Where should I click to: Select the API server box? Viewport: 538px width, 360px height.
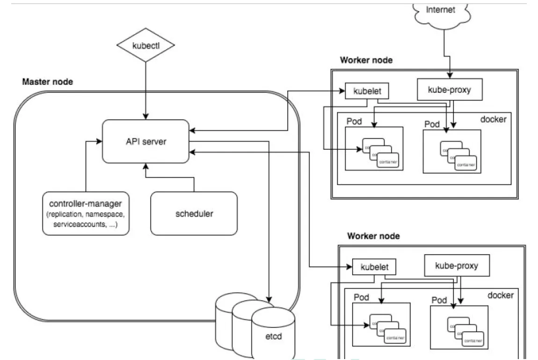pos(146,141)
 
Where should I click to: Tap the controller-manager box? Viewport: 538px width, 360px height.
pos(85,213)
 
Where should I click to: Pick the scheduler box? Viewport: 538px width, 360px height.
pos(194,213)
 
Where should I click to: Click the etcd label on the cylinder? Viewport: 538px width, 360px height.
pos(273,336)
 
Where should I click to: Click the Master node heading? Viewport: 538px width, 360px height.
pos(48,82)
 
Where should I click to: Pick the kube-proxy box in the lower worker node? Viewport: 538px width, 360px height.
pos(457,266)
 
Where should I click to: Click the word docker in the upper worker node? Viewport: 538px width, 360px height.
pos(493,119)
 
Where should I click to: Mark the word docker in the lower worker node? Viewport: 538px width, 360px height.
pos(501,295)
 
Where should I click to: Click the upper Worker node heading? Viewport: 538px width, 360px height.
pos(366,60)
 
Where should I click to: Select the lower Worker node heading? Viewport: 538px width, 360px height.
pos(373,236)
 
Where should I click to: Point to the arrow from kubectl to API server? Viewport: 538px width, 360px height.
pos(146,89)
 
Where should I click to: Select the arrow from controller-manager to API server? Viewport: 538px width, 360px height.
pos(86,164)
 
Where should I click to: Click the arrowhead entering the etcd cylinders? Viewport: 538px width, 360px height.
pos(269,298)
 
